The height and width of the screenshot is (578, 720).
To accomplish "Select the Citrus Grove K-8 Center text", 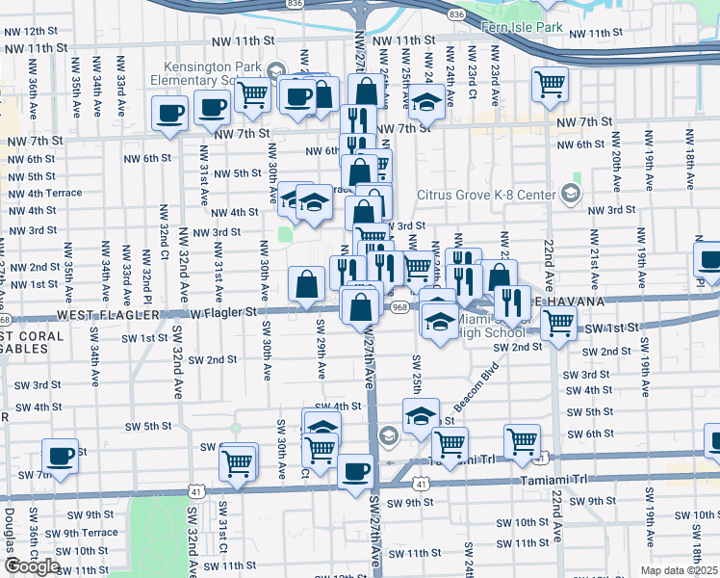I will pyautogui.click(x=485, y=195).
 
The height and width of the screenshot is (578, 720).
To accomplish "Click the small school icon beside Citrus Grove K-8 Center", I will pyautogui.click(x=571, y=195).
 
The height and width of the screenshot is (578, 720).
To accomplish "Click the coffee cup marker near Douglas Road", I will pyautogui.click(x=60, y=456).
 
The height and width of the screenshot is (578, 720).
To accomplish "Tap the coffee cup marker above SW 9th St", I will pyautogui.click(x=355, y=471).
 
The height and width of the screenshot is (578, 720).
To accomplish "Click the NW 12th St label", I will pyautogui.click(x=31, y=31).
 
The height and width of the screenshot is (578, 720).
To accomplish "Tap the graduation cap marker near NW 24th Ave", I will pyautogui.click(x=426, y=101).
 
